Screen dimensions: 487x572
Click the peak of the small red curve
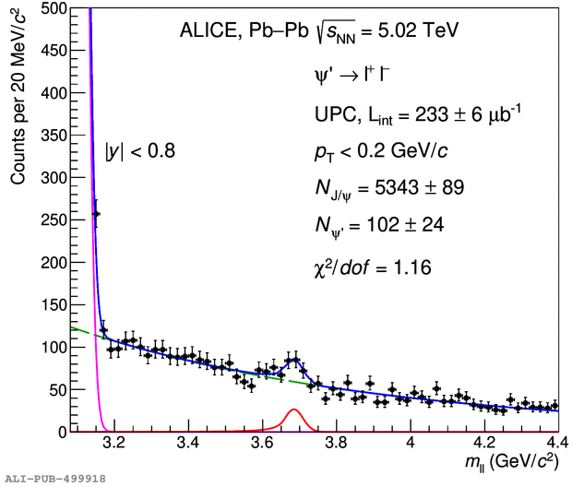[x=293, y=410]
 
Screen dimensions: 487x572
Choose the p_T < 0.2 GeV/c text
[x=380, y=149]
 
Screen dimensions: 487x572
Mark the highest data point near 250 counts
[x=96, y=214]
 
